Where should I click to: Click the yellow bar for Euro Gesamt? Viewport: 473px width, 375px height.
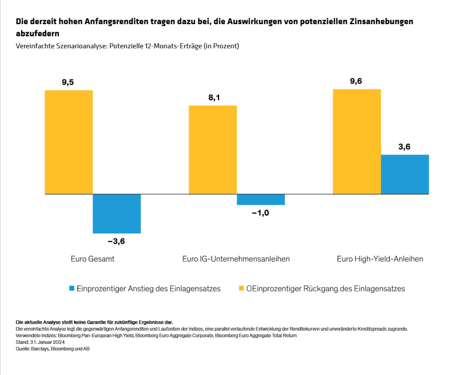(69, 142)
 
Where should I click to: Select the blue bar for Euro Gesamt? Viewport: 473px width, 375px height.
(116, 213)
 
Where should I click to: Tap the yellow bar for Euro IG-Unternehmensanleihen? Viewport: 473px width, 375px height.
(213, 149)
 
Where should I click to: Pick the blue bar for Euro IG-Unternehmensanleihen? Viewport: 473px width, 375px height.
(260, 199)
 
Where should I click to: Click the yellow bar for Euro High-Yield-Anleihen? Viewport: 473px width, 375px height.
(357, 141)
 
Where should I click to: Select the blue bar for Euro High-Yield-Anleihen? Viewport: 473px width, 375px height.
(404, 174)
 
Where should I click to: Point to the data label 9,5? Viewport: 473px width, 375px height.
(68, 82)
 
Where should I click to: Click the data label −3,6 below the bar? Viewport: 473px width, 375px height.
(116, 242)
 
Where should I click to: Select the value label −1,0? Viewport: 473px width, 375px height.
(260, 213)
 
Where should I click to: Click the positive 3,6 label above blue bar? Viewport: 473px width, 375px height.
(404, 146)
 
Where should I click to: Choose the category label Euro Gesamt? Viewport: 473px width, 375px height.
(93, 259)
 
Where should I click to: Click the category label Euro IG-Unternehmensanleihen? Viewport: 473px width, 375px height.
(236, 259)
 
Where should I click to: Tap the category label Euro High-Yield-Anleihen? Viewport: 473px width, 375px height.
(380, 259)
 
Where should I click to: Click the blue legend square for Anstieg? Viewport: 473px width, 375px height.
(72, 288)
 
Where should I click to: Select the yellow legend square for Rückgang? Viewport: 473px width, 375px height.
(241, 288)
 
